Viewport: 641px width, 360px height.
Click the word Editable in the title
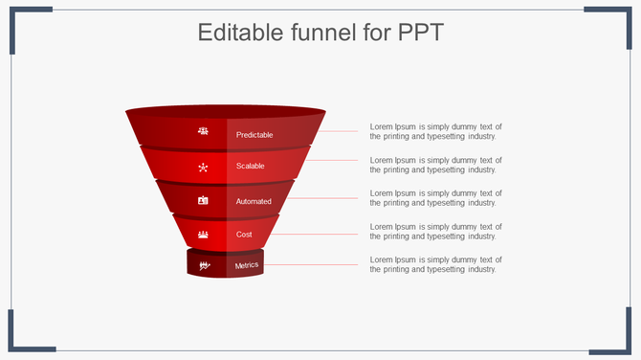point(239,33)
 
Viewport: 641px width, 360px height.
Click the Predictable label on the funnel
point(254,135)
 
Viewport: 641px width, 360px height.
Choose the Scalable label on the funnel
point(251,166)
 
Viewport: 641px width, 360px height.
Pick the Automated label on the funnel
point(254,201)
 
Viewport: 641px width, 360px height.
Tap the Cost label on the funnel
point(244,234)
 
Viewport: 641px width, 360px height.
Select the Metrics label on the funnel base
point(247,265)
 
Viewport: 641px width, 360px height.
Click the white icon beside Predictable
point(203,131)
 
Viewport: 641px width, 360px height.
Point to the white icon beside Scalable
point(203,168)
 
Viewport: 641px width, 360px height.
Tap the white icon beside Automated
point(203,200)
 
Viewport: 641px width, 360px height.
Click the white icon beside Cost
point(203,234)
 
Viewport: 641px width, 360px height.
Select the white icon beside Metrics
point(204,265)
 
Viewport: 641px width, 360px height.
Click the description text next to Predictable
point(435,131)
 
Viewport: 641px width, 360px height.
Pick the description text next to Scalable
point(435,165)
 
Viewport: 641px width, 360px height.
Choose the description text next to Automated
point(435,198)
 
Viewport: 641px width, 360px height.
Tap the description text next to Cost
point(435,231)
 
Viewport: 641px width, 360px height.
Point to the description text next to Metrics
point(435,264)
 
